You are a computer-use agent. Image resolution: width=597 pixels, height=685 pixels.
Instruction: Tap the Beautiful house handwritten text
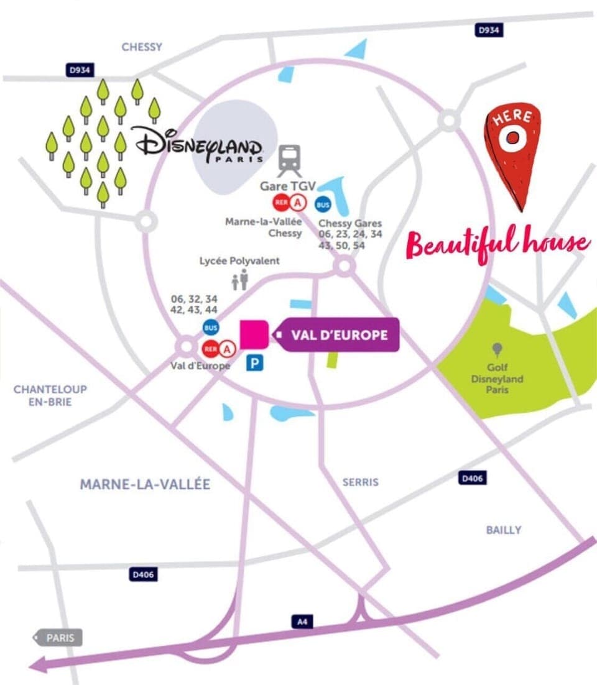pos(497,244)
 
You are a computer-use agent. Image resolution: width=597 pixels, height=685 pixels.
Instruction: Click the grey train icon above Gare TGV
pos(290,160)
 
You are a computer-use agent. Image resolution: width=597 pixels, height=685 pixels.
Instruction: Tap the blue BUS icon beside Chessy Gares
pos(323,204)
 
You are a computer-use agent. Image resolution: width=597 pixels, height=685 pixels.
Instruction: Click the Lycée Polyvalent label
pos(239,261)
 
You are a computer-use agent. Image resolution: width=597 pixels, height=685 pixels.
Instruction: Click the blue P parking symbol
pos(254,362)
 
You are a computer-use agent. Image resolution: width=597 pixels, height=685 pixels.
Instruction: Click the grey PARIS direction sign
pos(58,638)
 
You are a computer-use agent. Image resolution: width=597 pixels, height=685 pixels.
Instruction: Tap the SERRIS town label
pos(360,482)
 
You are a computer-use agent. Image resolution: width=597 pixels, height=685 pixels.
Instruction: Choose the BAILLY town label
pos(503,530)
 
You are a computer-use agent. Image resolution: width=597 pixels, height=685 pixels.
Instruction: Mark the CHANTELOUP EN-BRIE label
pos(50,395)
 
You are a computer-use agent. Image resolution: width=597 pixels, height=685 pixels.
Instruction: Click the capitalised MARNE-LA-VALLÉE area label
pos(145,484)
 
